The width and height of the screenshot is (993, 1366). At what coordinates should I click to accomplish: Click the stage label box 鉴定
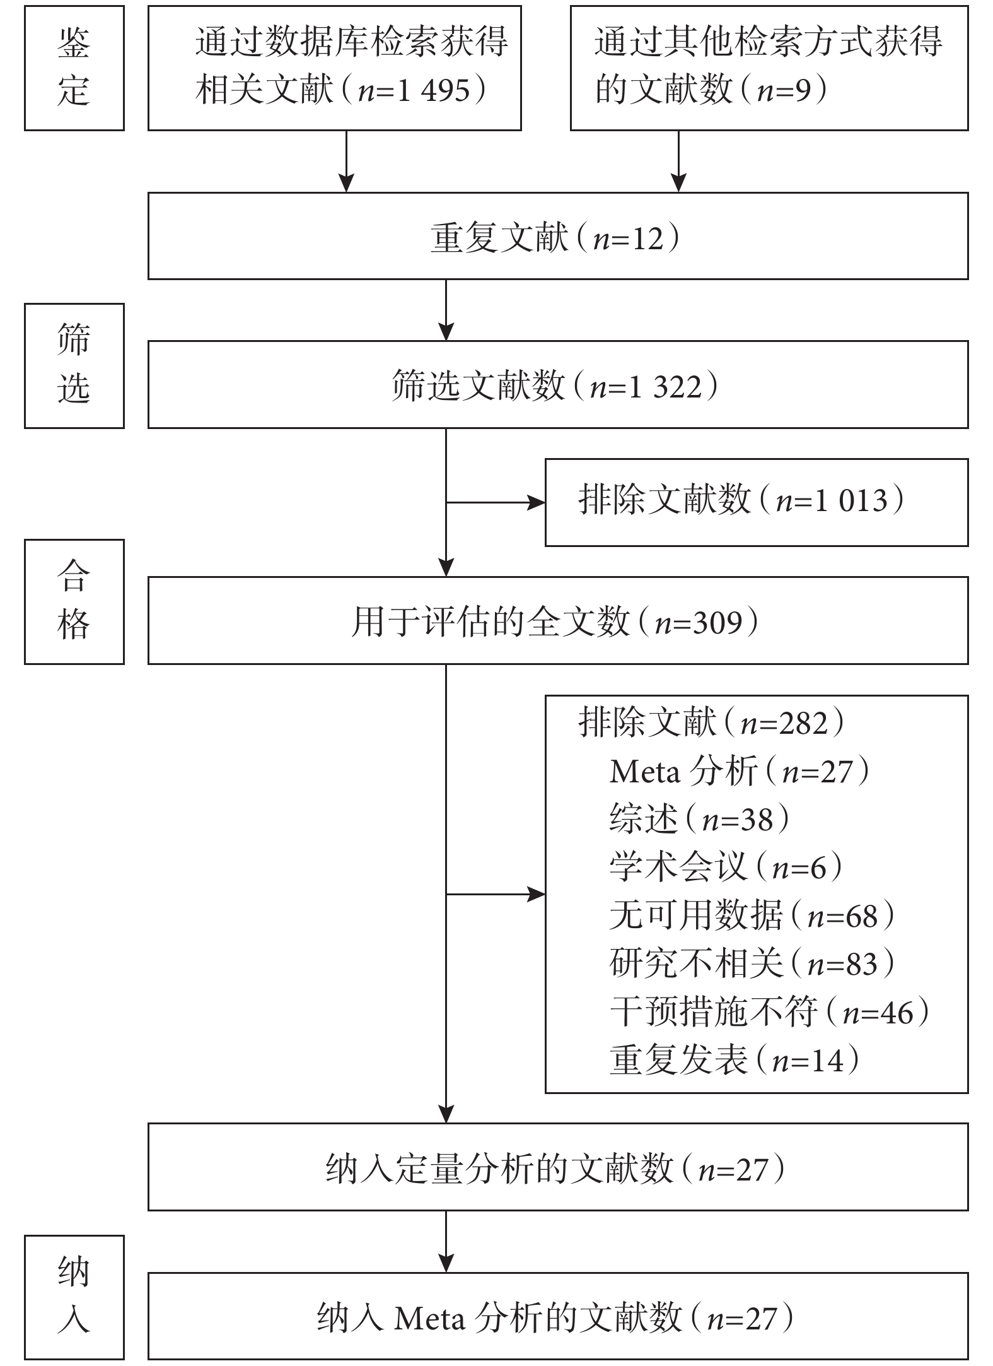74,68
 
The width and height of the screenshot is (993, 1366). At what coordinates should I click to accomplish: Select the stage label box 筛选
74,366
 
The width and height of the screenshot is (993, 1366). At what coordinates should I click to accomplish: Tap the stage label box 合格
74,601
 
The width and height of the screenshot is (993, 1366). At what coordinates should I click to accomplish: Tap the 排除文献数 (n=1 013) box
757,502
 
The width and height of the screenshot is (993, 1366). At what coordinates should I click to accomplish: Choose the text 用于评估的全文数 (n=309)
555,622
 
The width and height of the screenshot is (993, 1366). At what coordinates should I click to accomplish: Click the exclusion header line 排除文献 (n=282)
712,722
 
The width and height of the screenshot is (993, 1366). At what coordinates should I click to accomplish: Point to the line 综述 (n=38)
700,820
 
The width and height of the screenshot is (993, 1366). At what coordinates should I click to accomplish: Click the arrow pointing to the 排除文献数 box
496,503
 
